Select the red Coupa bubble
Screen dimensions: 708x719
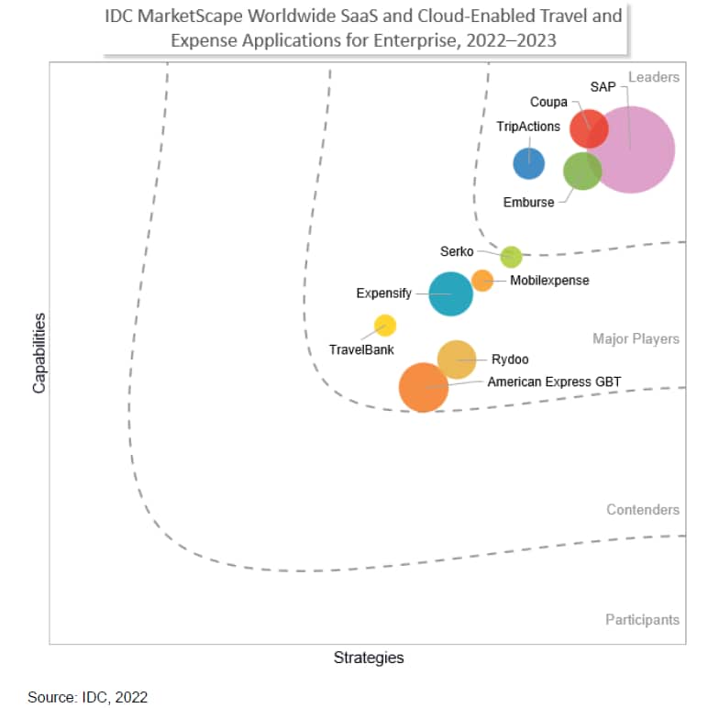point(589,127)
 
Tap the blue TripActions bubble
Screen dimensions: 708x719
point(528,164)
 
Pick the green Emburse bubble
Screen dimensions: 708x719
point(581,171)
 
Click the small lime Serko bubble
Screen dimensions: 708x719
point(511,257)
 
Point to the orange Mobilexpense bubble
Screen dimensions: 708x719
point(482,281)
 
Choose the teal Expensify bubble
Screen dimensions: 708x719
point(451,294)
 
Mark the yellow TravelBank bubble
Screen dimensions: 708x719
point(385,326)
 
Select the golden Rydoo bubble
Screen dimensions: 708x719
point(457,360)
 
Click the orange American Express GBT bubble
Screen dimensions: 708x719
point(424,388)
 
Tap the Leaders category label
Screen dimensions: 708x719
point(654,77)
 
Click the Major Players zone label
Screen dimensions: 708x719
point(636,339)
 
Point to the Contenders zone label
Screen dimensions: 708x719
point(643,510)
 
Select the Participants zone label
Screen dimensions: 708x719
point(642,620)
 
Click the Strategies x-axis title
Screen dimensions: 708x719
point(368,658)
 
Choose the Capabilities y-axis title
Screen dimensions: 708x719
point(39,353)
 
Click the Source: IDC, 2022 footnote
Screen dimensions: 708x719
point(87,697)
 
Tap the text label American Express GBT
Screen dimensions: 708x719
point(554,382)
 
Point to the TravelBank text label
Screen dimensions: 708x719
point(361,349)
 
